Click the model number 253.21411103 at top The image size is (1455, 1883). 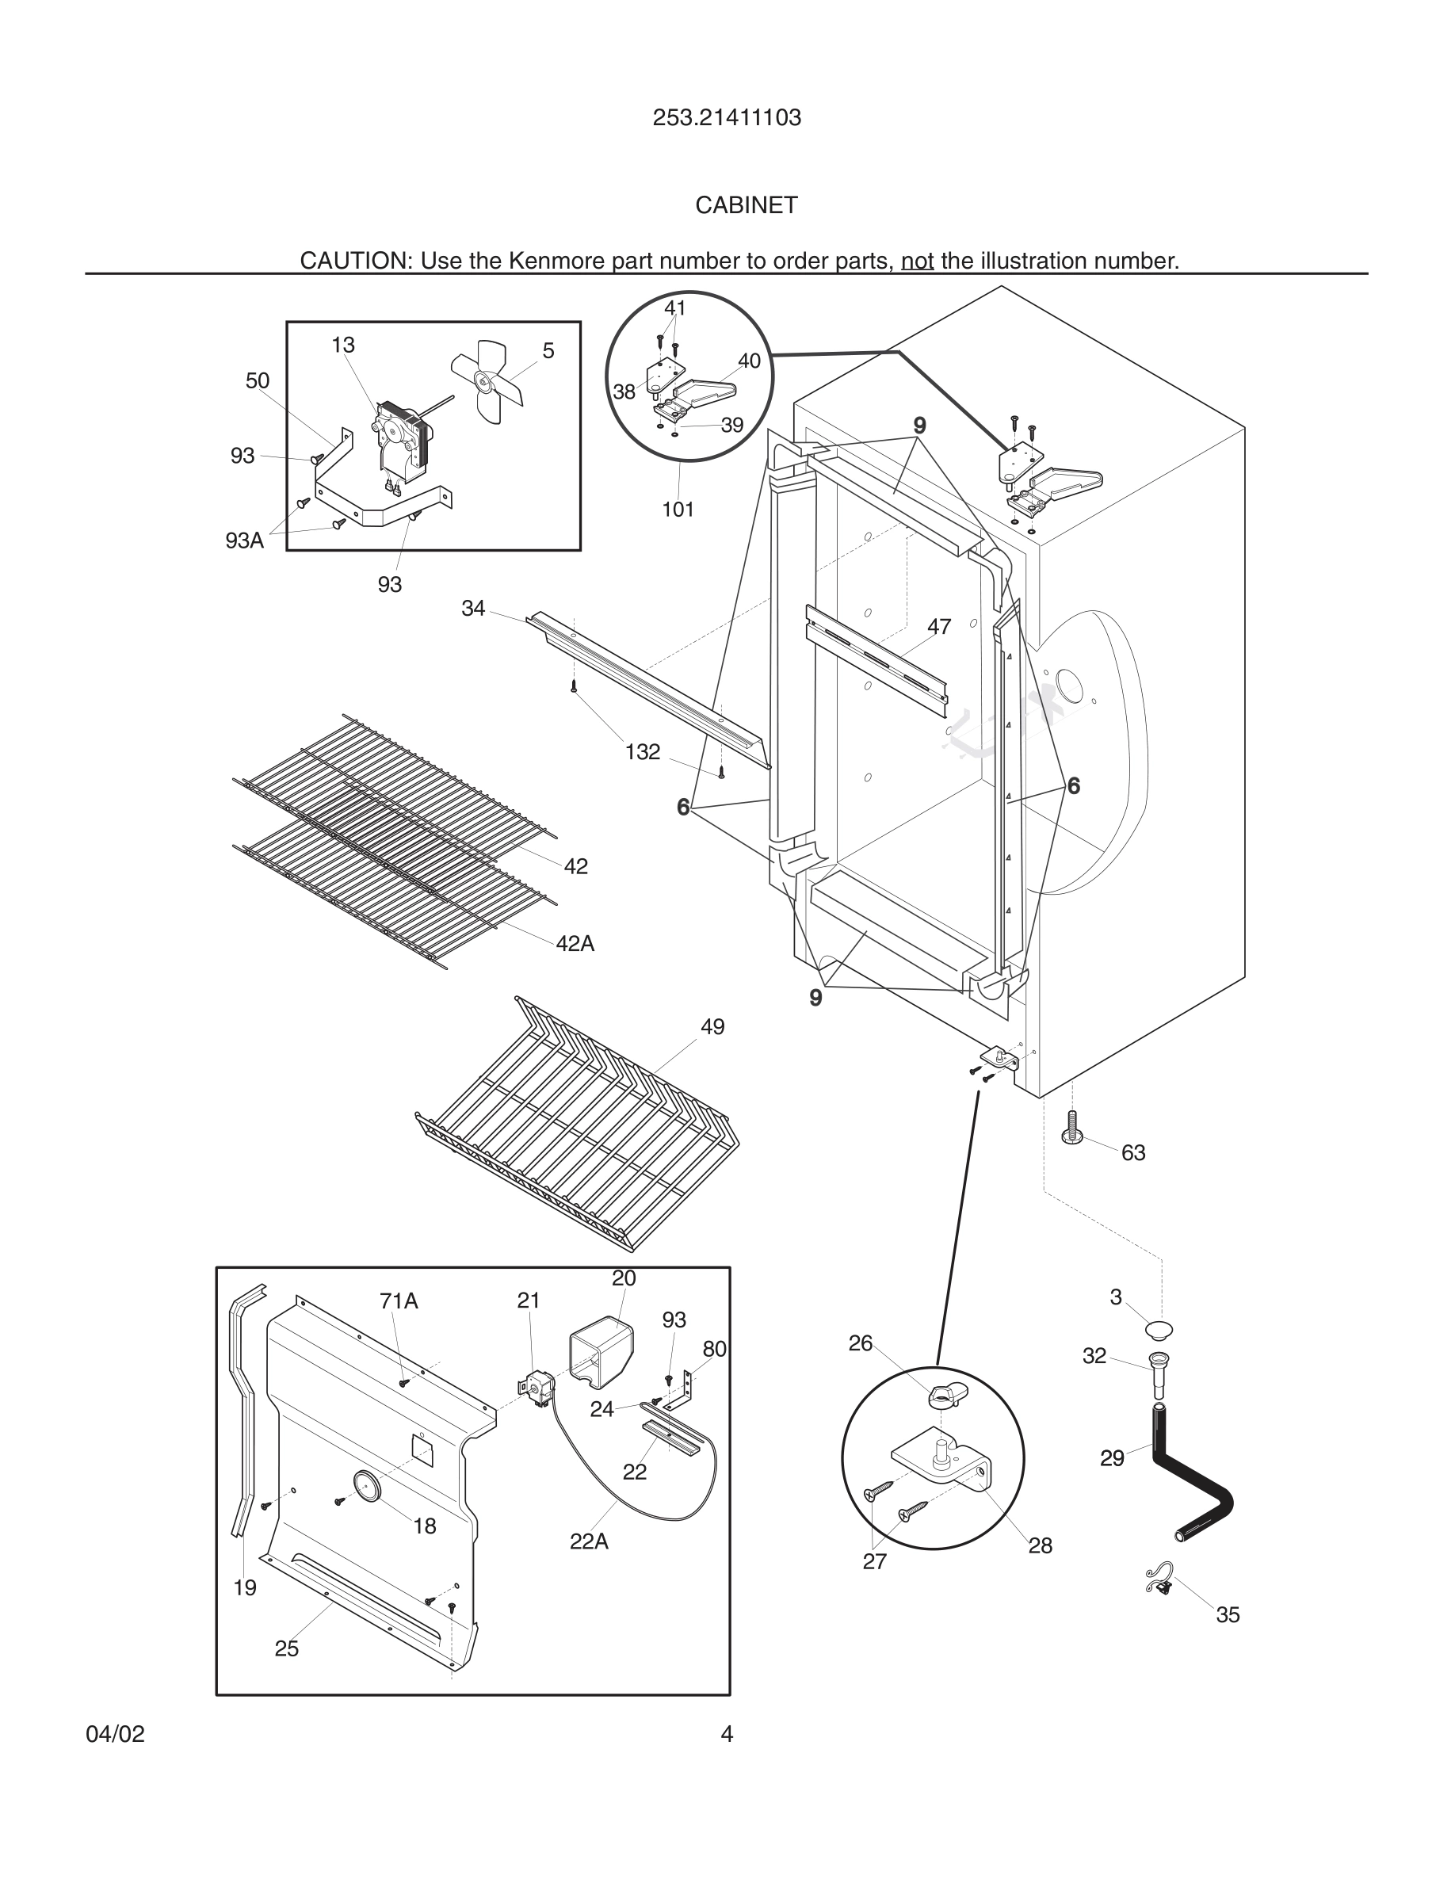coord(727,118)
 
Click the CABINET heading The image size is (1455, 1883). coord(747,205)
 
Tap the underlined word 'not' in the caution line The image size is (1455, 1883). coord(917,261)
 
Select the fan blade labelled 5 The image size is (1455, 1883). coord(487,381)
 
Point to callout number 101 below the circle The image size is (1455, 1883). coord(678,510)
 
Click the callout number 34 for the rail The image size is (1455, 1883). coord(473,609)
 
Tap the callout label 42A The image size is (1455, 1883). coord(575,943)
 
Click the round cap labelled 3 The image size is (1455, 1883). coord(1160,1328)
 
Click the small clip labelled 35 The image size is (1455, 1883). coord(1159,1579)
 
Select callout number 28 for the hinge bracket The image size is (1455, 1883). coord(1040,1546)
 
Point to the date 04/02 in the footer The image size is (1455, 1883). coord(116,1735)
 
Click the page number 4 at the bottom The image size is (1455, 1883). coord(727,1735)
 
